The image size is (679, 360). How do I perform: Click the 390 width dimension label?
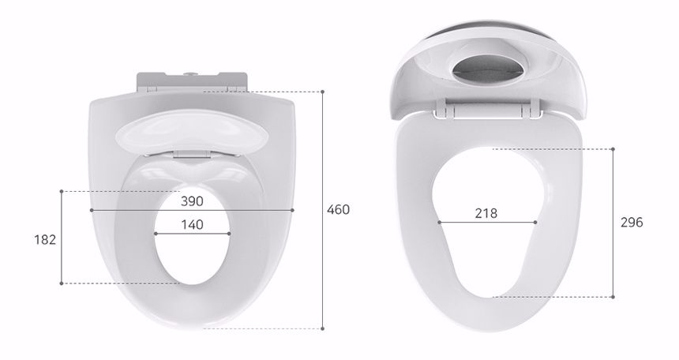192,201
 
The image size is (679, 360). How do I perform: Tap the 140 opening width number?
192,225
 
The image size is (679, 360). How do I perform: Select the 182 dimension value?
45,239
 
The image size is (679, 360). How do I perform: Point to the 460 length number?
338,210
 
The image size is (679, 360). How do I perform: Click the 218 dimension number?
486,214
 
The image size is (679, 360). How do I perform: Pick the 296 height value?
632,223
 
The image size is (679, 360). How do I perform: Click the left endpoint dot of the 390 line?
92,210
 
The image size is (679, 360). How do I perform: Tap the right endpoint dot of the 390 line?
292,210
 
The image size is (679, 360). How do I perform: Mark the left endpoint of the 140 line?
156,234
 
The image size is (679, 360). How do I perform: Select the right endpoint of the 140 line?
229,234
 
